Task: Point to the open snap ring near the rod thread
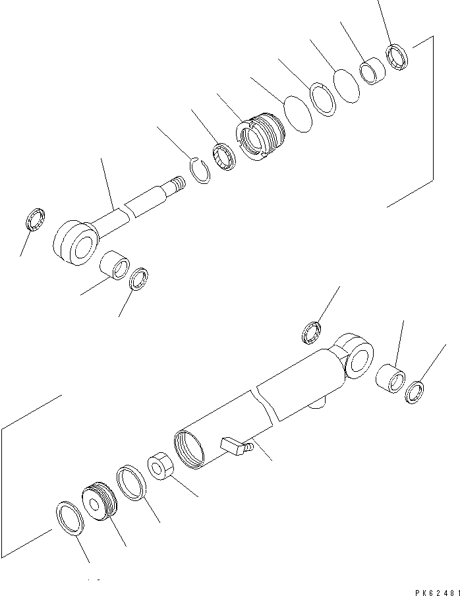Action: tap(198, 169)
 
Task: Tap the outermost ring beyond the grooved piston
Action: tap(69, 517)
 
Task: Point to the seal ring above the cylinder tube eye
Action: tap(312, 332)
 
